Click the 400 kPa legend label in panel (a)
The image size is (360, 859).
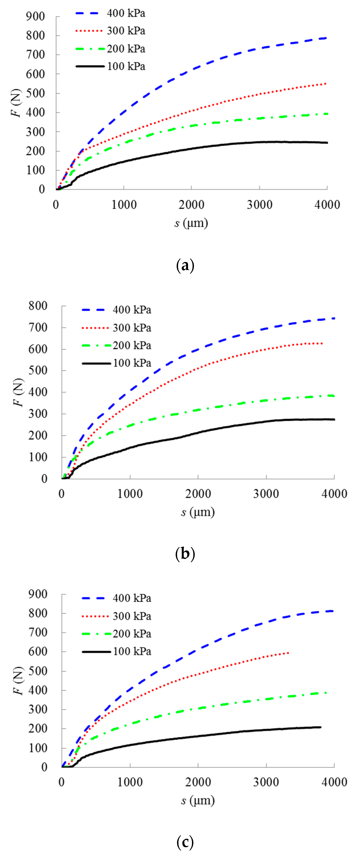(126, 13)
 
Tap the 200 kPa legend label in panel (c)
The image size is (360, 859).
(132, 634)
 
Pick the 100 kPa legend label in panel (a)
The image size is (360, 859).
(126, 66)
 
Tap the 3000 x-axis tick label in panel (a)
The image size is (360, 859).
(259, 205)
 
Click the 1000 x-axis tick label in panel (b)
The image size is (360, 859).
(130, 494)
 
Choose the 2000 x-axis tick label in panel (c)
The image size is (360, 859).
(198, 782)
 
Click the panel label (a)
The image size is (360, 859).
(185, 266)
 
